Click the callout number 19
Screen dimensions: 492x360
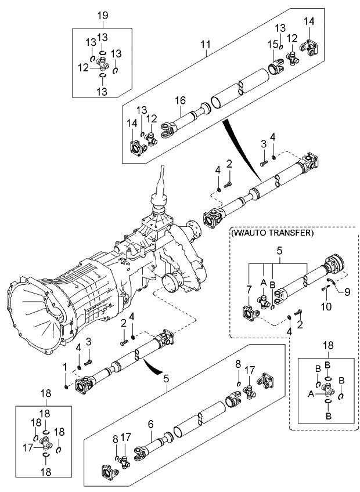click(x=103, y=16)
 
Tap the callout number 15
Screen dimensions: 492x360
click(x=271, y=44)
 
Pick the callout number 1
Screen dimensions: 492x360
click(x=66, y=367)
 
